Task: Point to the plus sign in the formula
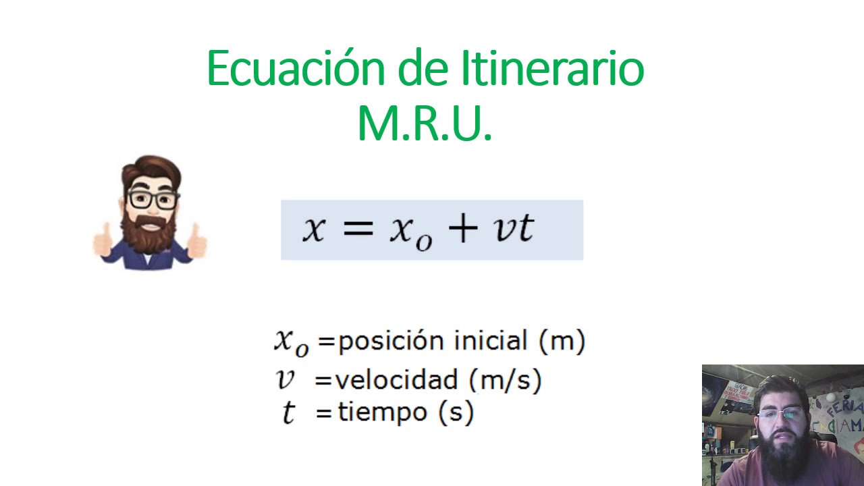pyautogui.click(x=462, y=228)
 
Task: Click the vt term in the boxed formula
pyautogui.click(x=514, y=228)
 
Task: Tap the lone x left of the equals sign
pyautogui.click(x=313, y=228)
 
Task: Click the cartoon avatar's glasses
pyautogui.click(x=152, y=199)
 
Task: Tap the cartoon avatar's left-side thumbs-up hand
pyautogui.click(x=103, y=242)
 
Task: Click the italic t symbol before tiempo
pyautogui.click(x=288, y=412)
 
